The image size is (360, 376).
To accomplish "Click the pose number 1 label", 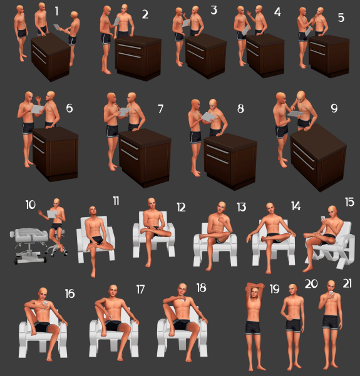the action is click(56, 11).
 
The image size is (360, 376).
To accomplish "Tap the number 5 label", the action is click(341, 18).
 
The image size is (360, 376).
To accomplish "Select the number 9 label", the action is click(334, 108).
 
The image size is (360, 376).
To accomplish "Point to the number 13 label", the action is click(242, 207).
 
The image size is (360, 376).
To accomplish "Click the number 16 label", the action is click(70, 293).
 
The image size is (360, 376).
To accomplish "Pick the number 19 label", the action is click(275, 288).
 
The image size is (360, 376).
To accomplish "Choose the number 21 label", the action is click(347, 283).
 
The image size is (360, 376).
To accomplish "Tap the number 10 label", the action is click(31, 205).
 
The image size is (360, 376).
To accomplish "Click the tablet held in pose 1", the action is click(57, 27).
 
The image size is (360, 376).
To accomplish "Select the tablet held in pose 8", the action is click(208, 117).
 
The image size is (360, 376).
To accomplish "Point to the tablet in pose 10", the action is click(52, 214).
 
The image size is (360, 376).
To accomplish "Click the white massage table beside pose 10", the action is click(29, 245).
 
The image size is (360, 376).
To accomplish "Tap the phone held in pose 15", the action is click(323, 219).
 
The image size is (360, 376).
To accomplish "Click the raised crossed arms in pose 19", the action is click(255, 286).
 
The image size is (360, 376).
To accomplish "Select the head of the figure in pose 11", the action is click(93, 211).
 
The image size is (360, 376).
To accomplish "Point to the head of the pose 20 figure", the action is click(293, 290).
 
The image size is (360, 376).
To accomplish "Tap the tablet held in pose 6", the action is click(37, 109).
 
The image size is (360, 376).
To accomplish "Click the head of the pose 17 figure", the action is click(113, 291).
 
